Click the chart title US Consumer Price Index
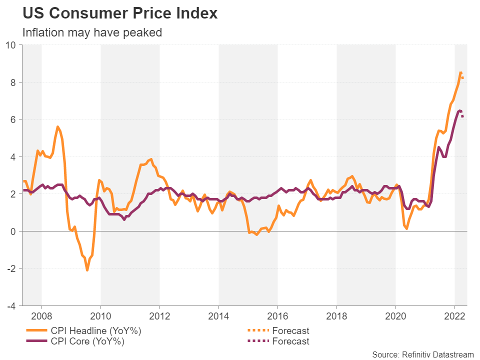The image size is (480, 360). pyautogui.click(x=120, y=13)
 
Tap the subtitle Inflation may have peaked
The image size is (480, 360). pyautogui.click(x=92, y=32)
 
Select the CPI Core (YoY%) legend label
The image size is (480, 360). pyautogui.click(x=87, y=341)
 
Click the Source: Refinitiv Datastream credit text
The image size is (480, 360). pyautogui.click(x=423, y=354)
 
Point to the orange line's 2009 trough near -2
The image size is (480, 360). pyautogui.click(x=87, y=270)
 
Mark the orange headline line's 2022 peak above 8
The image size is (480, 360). pyautogui.click(x=460, y=72)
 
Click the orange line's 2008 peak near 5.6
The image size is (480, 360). pyautogui.click(x=57, y=127)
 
